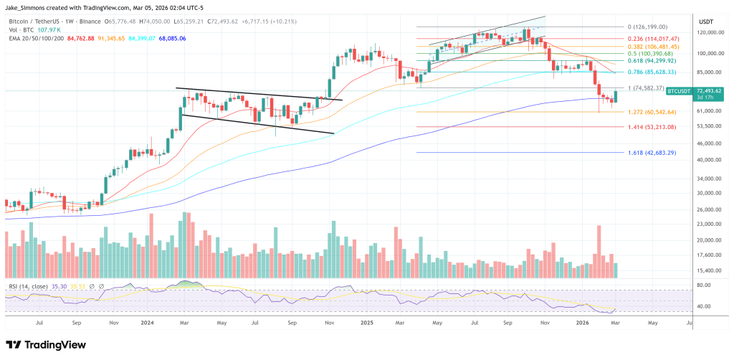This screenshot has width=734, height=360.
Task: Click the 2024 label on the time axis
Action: (x=148, y=323)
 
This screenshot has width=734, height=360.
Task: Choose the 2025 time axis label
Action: (x=366, y=323)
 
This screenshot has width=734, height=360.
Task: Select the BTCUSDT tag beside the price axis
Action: (x=678, y=91)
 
